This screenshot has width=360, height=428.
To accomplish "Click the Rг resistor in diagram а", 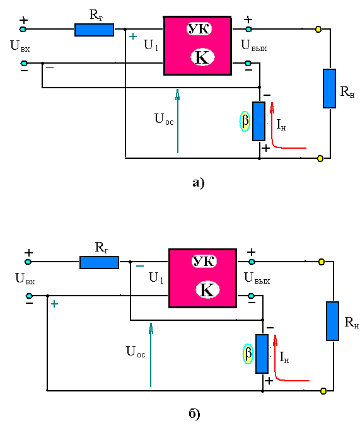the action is [x=94, y=30].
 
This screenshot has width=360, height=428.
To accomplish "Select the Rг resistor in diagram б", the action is [x=99, y=262].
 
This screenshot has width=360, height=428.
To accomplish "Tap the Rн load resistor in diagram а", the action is [x=329, y=88].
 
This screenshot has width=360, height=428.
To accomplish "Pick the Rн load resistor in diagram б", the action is [x=332, y=321].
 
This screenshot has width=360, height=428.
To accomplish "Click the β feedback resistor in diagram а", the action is [x=258, y=121].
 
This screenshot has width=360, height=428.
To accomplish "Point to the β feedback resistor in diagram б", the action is [x=262, y=354].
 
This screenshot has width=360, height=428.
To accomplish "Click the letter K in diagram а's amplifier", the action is [x=202, y=57].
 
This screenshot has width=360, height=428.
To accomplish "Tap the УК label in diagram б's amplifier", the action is [x=204, y=261].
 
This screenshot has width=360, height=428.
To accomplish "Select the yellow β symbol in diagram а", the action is [x=245, y=121].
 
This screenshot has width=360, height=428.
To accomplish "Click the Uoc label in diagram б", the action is [x=136, y=351].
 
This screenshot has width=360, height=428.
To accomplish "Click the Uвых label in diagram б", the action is [x=257, y=278].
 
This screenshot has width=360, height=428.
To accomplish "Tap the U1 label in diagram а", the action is [x=151, y=45].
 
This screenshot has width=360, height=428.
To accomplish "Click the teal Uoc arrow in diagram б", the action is [x=151, y=355].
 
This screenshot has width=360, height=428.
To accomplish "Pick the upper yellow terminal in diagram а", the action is [x=318, y=29].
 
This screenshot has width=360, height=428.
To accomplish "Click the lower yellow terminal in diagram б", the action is [x=323, y=391].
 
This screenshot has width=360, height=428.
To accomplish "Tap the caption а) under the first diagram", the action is [x=198, y=183].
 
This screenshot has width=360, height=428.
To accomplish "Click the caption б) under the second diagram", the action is [x=194, y=414].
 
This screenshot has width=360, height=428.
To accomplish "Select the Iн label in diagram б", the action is [x=284, y=357].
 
